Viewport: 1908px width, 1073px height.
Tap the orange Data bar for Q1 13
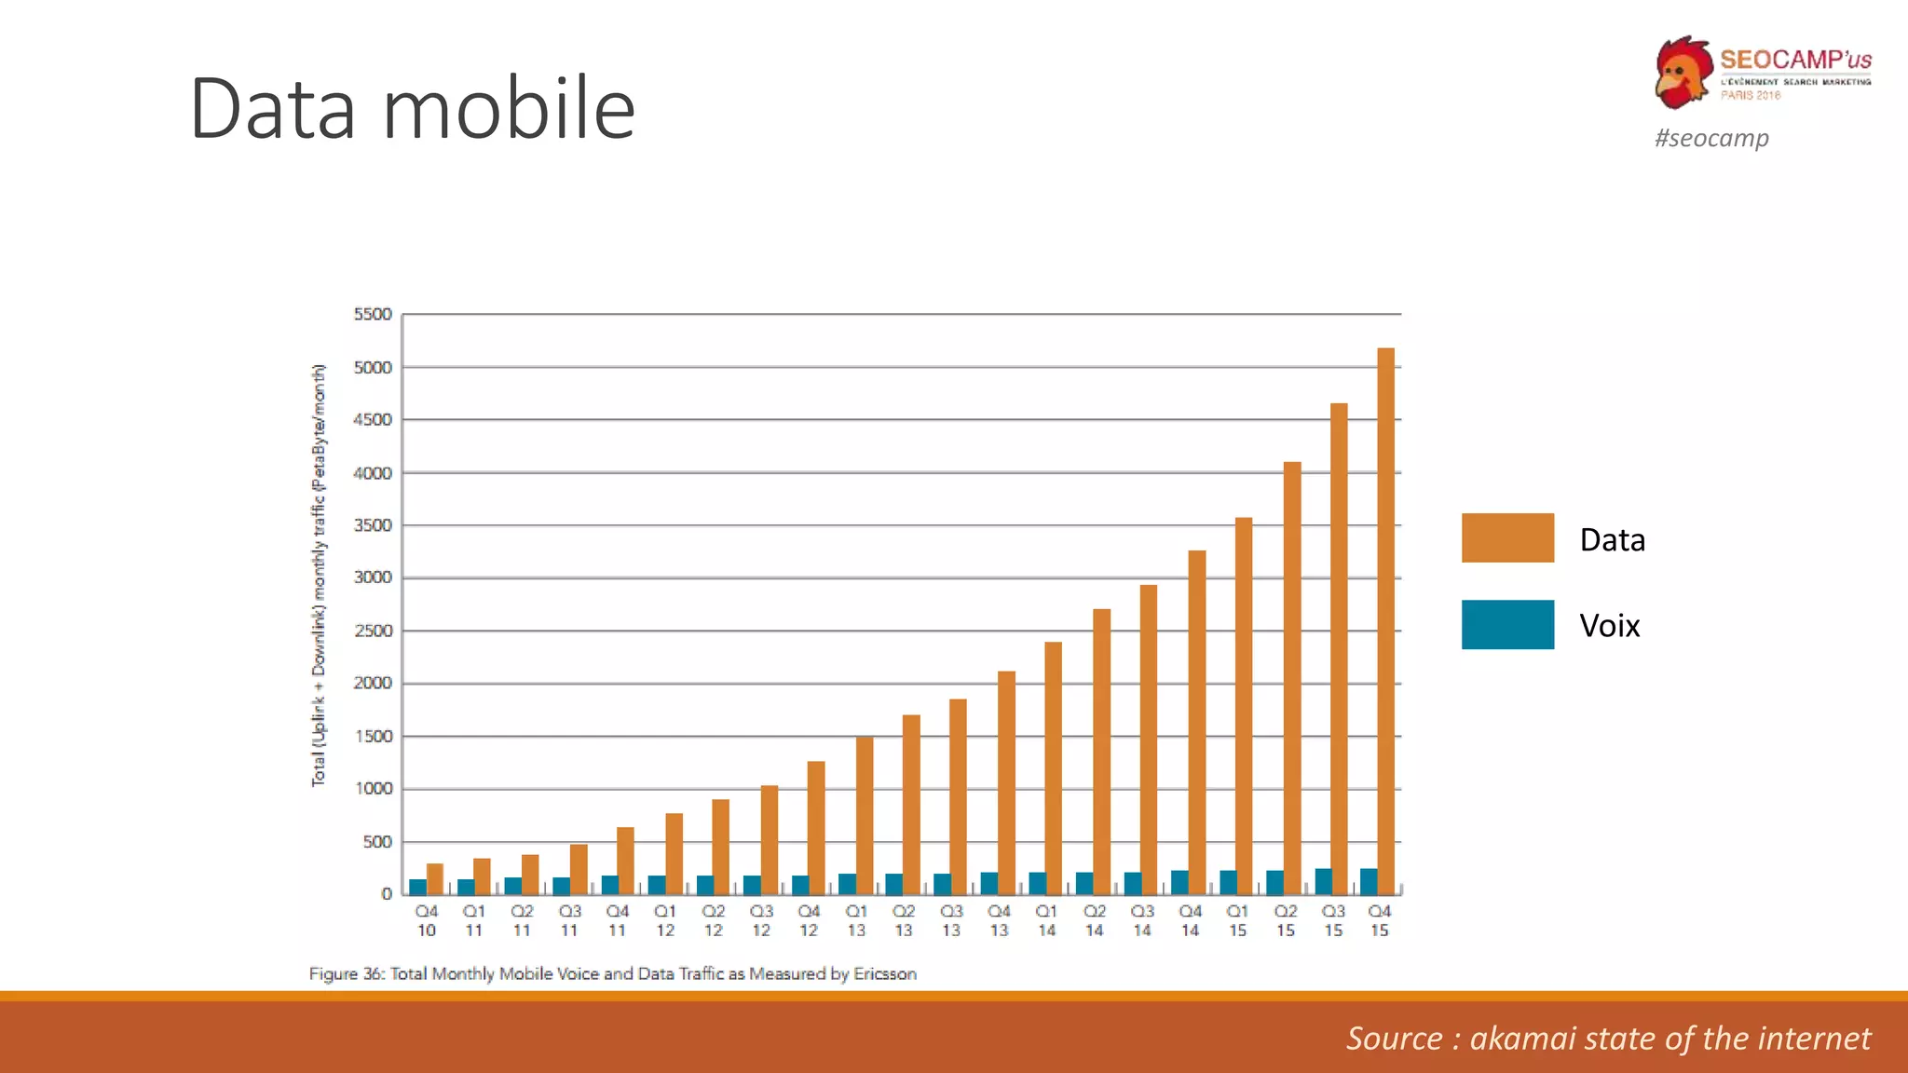pyautogui.click(x=864, y=815)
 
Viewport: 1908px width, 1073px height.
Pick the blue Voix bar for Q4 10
pyautogui.click(x=418, y=887)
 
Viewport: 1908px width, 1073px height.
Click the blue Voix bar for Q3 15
pyautogui.click(x=1323, y=881)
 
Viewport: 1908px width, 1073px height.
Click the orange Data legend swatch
pyautogui.click(x=1507, y=538)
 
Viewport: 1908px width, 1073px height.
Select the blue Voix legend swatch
pyautogui.click(x=1507, y=625)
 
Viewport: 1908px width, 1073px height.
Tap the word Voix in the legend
pyautogui.click(x=1609, y=626)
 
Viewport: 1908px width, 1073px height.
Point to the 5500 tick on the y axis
pyautogui.click(x=373, y=315)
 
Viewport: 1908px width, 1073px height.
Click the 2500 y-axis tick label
pyautogui.click(x=373, y=631)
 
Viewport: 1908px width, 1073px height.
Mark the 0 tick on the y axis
pyautogui.click(x=387, y=893)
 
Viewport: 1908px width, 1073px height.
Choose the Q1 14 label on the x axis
pyautogui.click(x=1046, y=920)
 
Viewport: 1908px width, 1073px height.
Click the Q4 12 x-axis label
pyautogui.click(x=809, y=920)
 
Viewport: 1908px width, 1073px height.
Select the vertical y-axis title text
pyautogui.click(x=319, y=575)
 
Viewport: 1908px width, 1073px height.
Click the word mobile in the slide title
pyautogui.click(x=509, y=109)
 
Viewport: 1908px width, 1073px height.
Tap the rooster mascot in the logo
pyautogui.click(x=1683, y=73)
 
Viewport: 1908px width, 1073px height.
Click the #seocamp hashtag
pyautogui.click(x=1711, y=138)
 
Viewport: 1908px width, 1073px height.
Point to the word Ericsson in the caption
pyautogui.click(x=885, y=973)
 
